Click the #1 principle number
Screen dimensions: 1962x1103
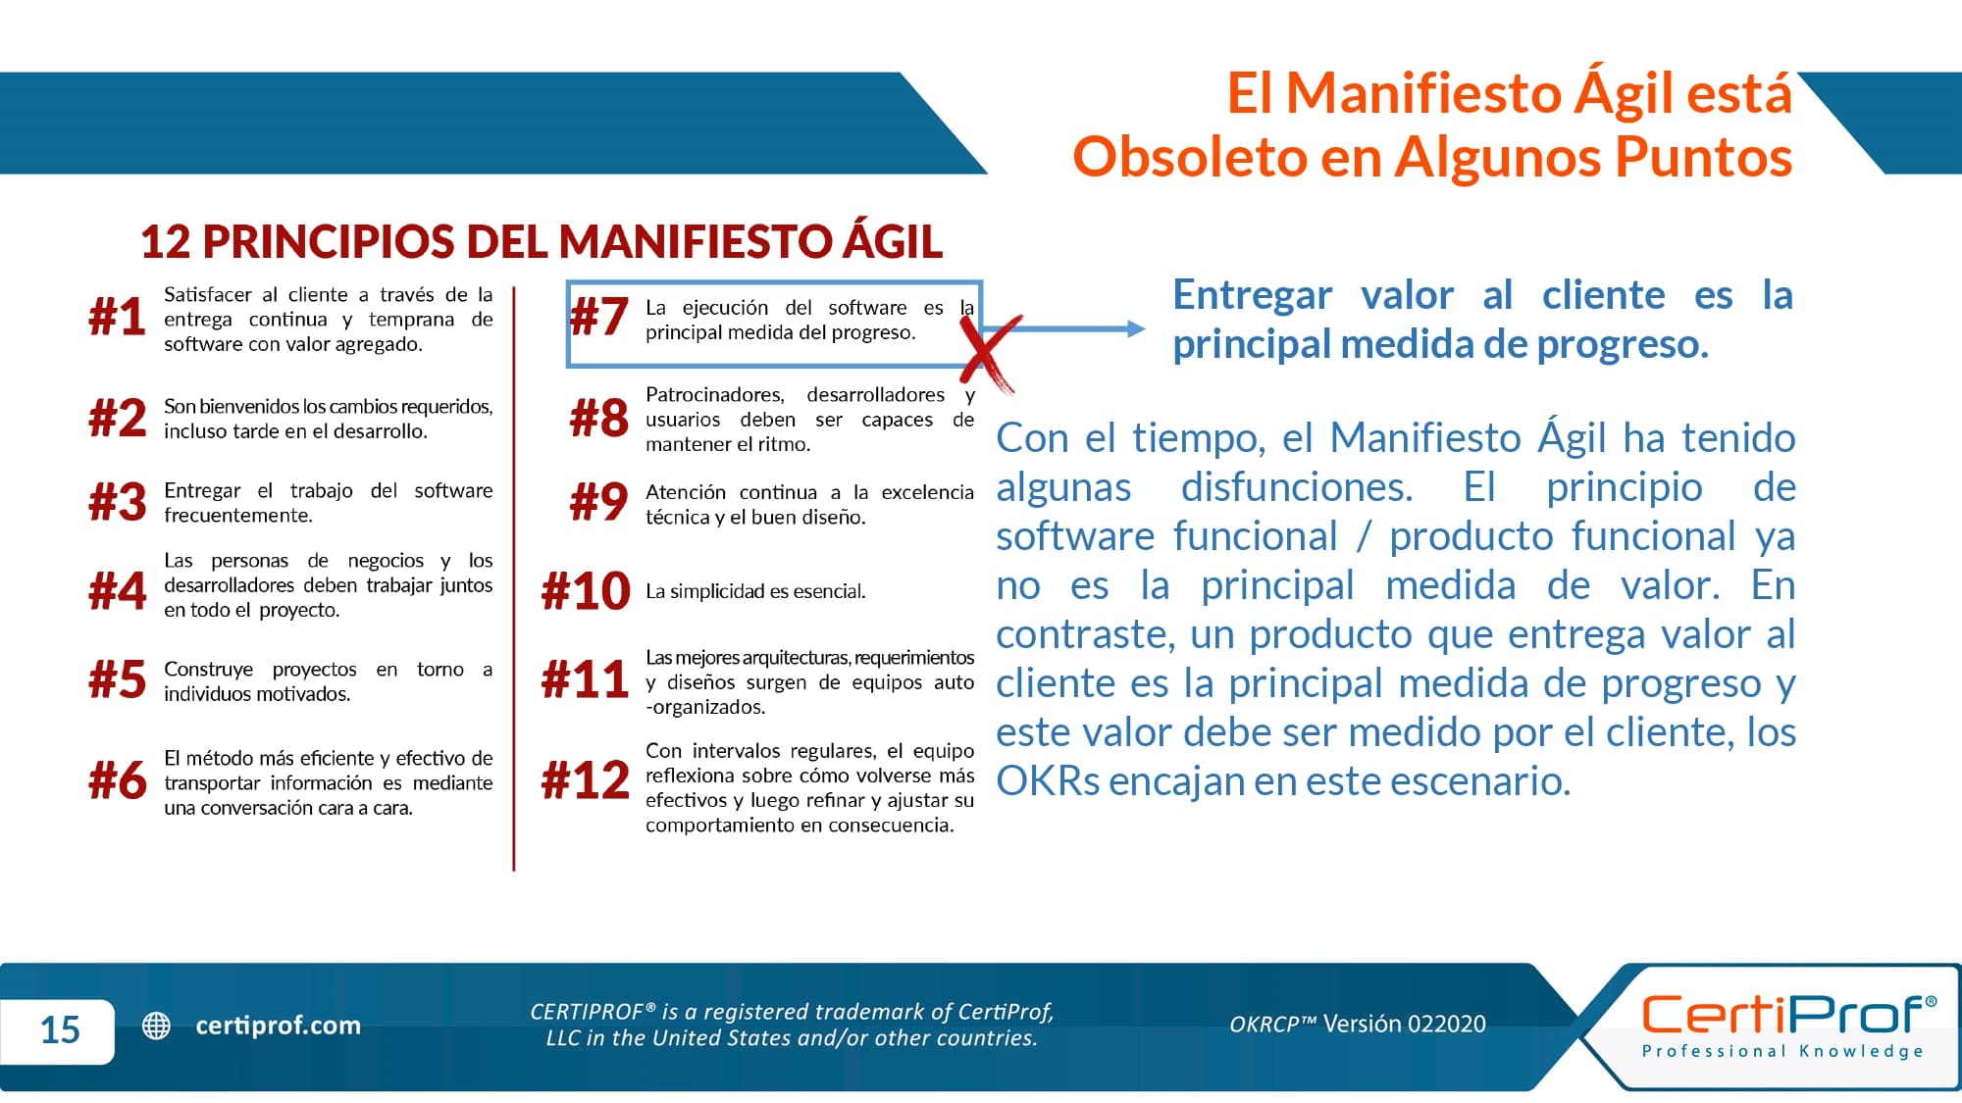117,318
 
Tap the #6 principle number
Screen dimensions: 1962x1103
118,780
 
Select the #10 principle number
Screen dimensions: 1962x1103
586,591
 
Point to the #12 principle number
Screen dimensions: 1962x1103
586,780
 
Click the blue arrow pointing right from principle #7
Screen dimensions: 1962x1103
1064,328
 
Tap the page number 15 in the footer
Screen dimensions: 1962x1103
60,1029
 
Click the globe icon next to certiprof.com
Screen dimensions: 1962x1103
157,1026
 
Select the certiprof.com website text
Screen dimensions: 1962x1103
279,1026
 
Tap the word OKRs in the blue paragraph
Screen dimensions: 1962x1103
1048,781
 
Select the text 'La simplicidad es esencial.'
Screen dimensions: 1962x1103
755,591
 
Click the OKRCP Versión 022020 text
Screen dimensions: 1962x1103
1358,1025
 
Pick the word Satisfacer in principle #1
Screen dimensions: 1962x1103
208,294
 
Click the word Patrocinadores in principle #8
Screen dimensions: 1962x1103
715,395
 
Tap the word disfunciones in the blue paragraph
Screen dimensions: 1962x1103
1297,487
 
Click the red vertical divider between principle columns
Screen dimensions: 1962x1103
513,578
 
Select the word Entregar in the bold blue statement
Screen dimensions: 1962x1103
1253,296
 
